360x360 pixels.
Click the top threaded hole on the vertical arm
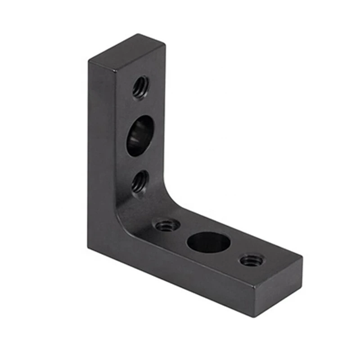click(x=141, y=87)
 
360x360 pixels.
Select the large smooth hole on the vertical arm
click(x=139, y=135)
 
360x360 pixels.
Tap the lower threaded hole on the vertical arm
click(x=140, y=181)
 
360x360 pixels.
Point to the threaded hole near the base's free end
click(x=252, y=260)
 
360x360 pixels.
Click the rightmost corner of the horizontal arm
click(x=302, y=258)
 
